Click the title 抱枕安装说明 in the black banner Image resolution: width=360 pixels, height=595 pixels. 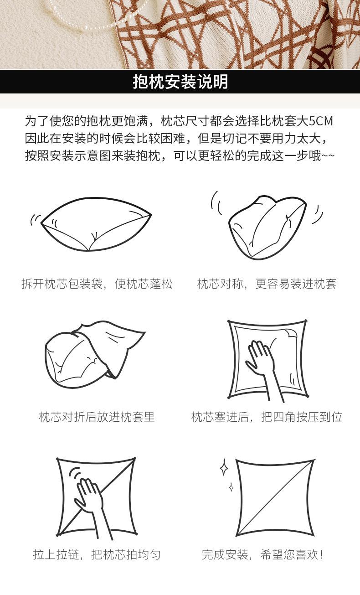click(x=180, y=81)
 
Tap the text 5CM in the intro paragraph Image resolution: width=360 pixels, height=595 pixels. click(x=320, y=121)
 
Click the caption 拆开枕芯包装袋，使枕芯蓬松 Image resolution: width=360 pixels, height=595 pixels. click(x=97, y=284)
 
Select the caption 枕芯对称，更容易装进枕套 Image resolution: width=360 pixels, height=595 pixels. click(x=267, y=284)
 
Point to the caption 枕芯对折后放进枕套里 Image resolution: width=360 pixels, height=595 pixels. click(x=97, y=417)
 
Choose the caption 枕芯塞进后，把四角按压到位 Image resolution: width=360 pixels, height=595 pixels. click(x=267, y=417)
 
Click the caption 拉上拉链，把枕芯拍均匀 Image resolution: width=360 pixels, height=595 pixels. click(x=97, y=554)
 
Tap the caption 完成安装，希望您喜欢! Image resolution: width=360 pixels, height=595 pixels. click(x=263, y=554)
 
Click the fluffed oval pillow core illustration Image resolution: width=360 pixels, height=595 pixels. click(x=96, y=224)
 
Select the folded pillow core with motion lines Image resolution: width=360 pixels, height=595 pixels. click(x=267, y=227)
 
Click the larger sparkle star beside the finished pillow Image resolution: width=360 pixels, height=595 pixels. click(x=224, y=467)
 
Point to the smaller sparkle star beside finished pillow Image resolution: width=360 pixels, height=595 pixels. click(x=231, y=487)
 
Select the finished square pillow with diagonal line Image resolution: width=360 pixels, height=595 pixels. click(x=275, y=498)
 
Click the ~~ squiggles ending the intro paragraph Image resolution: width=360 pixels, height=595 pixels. click(x=328, y=155)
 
